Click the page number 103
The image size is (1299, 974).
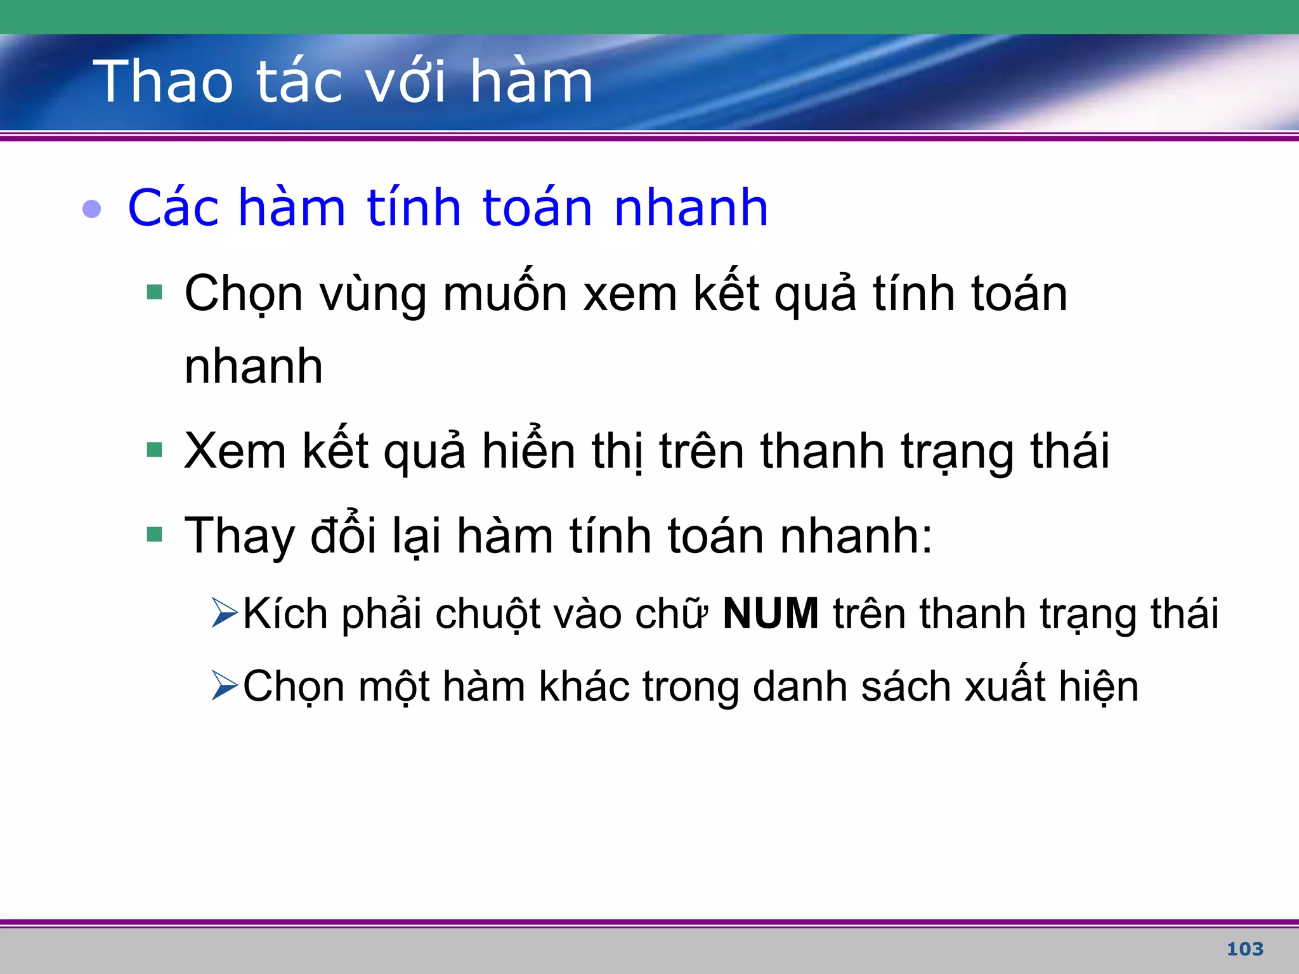[x=1245, y=949]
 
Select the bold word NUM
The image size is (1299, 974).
[x=771, y=614]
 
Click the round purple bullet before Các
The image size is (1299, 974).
[x=92, y=209]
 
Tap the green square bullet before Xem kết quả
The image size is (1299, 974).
[x=155, y=450]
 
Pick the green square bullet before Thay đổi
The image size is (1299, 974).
[x=155, y=535]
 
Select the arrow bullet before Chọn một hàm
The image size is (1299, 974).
[x=225, y=685]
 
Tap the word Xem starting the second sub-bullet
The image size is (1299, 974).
[x=235, y=451]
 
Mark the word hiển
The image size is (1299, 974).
[x=528, y=450]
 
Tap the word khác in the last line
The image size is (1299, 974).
[x=585, y=686]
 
